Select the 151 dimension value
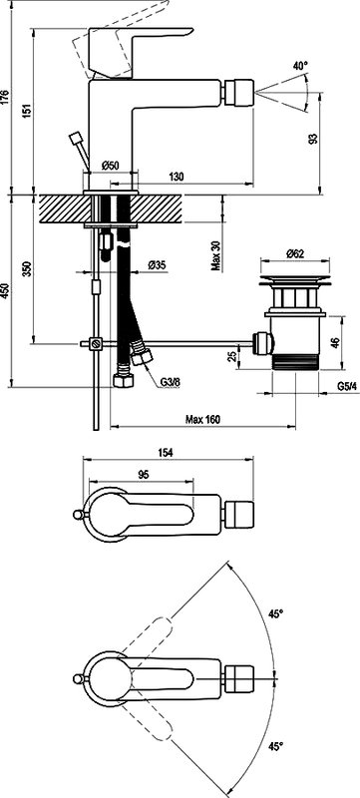[x=27, y=110]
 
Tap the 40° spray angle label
[x=300, y=66]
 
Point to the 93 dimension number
[x=313, y=138]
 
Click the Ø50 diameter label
[x=110, y=165]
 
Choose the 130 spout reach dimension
[x=176, y=177]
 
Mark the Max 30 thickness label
[x=216, y=255]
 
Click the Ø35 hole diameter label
[x=158, y=265]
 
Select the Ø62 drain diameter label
[x=295, y=254]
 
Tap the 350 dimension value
[x=27, y=268]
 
